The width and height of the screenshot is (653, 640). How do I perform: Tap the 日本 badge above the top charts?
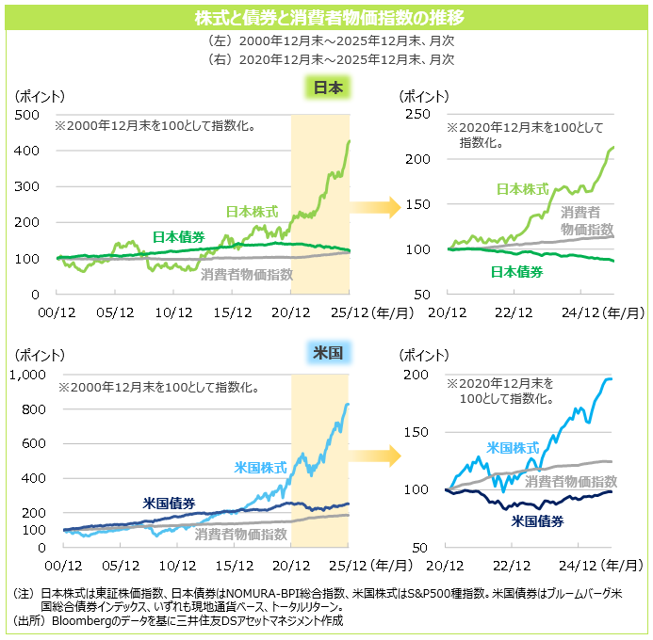(x=327, y=88)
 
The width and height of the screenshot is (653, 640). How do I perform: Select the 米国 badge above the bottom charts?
(x=327, y=353)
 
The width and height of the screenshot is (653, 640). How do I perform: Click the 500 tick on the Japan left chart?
(x=29, y=114)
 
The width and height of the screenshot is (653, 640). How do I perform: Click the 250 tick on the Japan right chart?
(x=417, y=114)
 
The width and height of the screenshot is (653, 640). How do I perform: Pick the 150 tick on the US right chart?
(x=417, y=432)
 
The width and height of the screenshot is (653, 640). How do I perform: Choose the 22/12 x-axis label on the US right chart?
(x=511, y=565)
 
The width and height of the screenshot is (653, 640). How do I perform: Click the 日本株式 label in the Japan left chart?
(x=253, y=212)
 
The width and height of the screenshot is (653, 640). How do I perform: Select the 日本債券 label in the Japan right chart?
(x=517, y=272)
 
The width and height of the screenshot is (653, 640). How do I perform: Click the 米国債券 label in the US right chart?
(x=537, y=520)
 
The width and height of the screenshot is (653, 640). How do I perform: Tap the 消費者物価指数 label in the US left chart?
(x=241, y=534)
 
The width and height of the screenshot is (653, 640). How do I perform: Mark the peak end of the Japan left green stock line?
(x=350, y=142)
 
